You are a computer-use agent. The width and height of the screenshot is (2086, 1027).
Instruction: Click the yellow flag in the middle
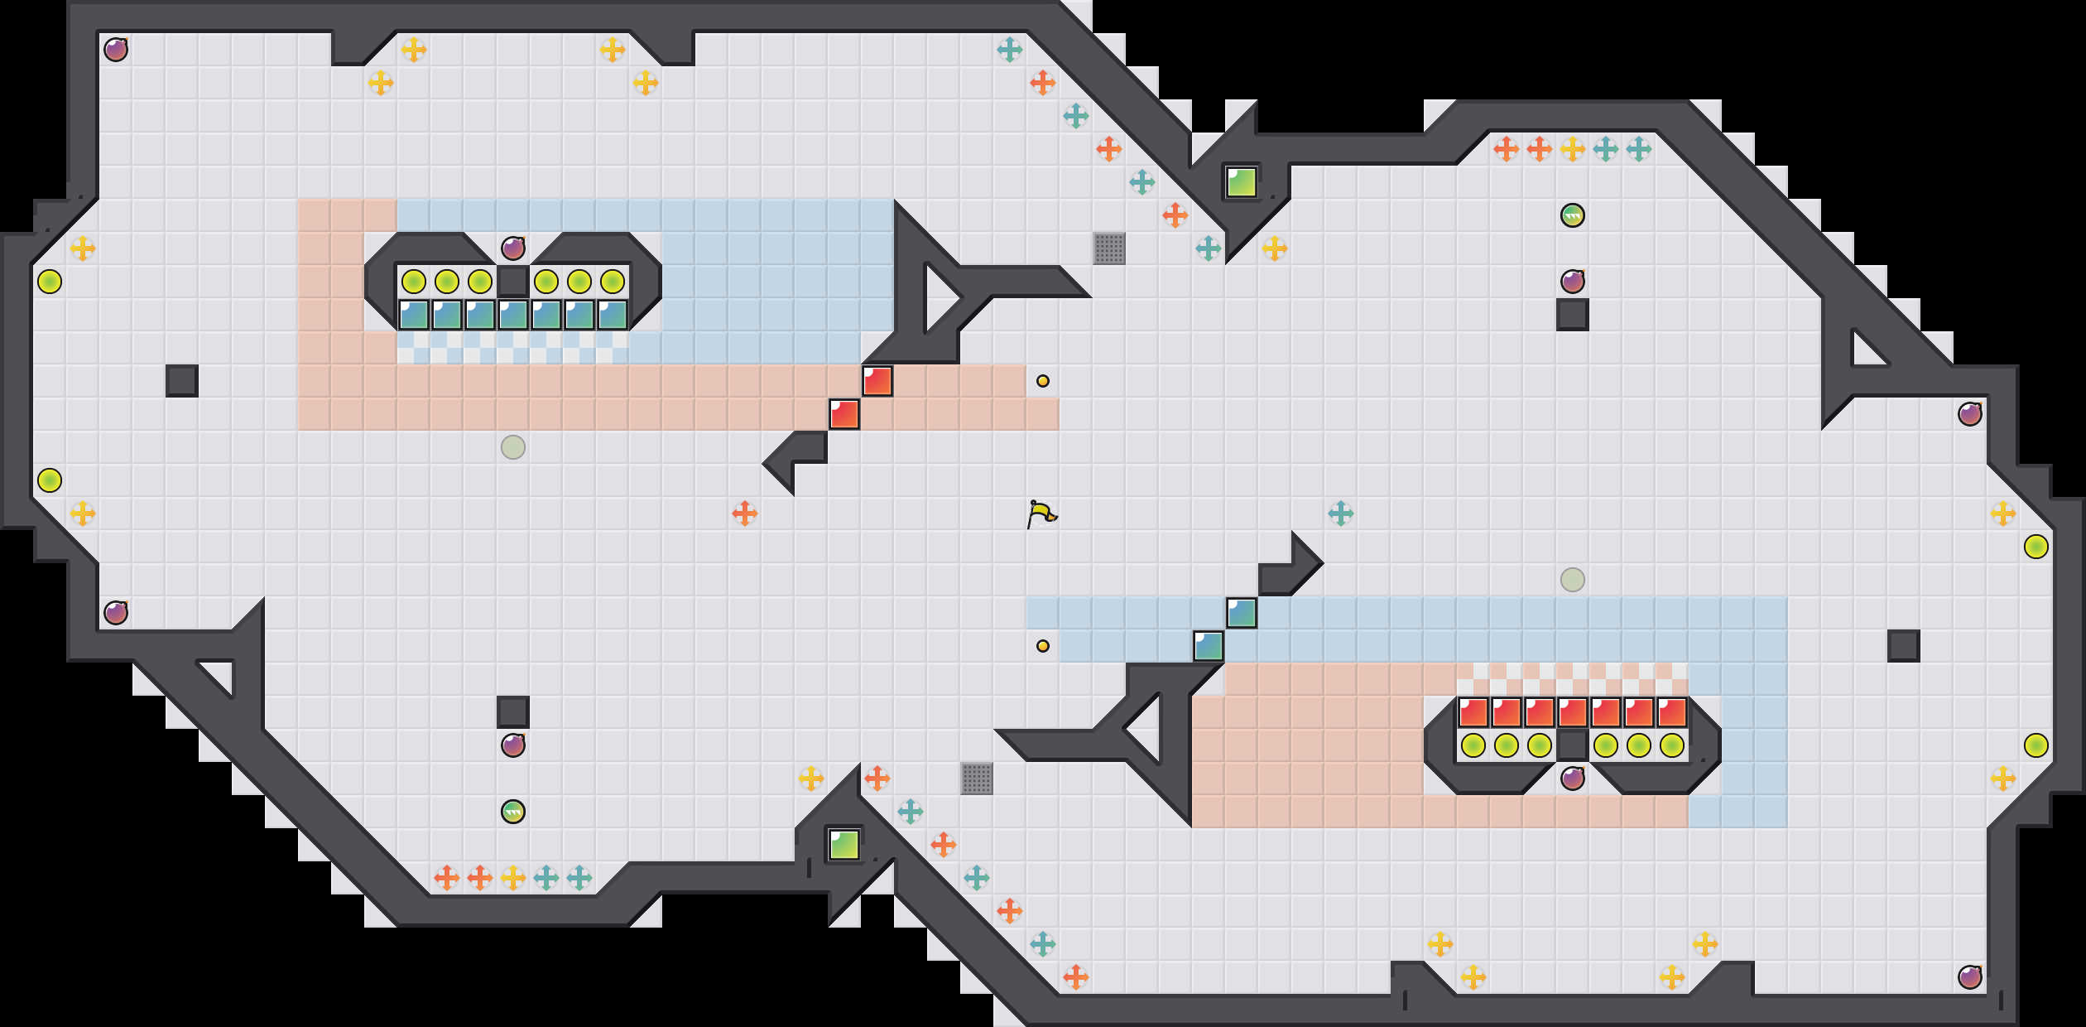pos(1042,513)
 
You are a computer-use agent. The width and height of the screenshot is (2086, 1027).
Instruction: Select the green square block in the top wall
pos(1242,182)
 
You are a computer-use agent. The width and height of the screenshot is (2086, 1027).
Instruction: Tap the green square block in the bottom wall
pos(844,845)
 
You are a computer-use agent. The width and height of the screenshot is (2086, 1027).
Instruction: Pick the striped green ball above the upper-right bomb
pos(1573,215)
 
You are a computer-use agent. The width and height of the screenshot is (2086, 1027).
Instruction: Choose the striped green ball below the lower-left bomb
pos(513,812)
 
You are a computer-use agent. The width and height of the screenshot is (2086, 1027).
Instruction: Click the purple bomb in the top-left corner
pos(116,50)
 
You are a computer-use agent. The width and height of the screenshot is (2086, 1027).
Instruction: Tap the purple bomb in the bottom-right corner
pos(1970,977)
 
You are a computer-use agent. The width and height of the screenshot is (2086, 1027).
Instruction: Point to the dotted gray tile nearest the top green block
pos(1109,248)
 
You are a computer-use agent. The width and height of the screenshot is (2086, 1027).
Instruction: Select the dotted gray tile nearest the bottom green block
pos(977,779)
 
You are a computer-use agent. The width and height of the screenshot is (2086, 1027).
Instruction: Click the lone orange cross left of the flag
pos(745,513)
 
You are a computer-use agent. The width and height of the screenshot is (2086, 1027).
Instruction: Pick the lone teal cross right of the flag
pos(1341,513)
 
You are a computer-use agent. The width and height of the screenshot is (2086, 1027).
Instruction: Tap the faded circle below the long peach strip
pos(513,447)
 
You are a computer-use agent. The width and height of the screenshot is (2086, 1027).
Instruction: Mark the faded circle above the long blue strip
pos(1573,580)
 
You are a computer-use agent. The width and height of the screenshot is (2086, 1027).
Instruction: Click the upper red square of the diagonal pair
pos(877,381)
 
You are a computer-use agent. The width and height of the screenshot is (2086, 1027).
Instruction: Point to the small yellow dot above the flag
pos(1043,381)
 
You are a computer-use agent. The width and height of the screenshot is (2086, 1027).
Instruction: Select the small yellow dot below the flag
pos(1043,646)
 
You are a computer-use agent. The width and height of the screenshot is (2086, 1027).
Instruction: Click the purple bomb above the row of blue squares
pos(513,248)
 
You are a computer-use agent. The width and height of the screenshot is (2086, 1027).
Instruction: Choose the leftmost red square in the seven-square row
pos(1473,712)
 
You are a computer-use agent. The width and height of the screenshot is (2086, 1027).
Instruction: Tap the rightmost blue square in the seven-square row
pos(613,315)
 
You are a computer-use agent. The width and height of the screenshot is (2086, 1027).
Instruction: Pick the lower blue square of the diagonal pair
pos(1209,646)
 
